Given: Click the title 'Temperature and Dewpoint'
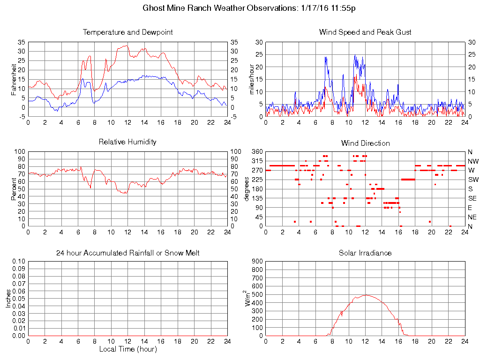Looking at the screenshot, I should pyautogui.click(x=127, y=32).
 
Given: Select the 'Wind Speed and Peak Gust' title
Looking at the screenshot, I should pyautogui.click(x=365, y=32).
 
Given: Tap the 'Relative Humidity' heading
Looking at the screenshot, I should pyautogui.click(x=127, y=142).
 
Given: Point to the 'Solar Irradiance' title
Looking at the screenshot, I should pyautogui.click(x=365, y=253).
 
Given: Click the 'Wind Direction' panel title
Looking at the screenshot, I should pyautogui.click(x=365, y=143).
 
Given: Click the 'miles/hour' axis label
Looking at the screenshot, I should pyautogui.click(x=252, y=79).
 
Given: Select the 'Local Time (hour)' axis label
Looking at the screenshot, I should pyautogui.click(x=127, y=349).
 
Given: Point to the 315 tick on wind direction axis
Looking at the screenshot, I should pyautogui.click(x=257, y=161).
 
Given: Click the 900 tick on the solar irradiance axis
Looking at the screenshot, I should pyautogui.click(x=257, y=262).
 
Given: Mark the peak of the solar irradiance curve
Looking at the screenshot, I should pyautogui.click(x=366, y=295).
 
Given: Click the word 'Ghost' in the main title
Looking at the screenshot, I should pyautogui.click(x=153, y=8).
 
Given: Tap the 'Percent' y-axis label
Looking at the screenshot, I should pyautogui.click(x=15, y=188).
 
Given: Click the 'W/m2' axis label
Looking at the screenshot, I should pyautogui.click(x=248, y=298).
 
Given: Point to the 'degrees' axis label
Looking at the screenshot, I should pyautogui.click(x=247, y=188).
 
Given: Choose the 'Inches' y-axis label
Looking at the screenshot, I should pyautogui.click(x=8, y=298).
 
